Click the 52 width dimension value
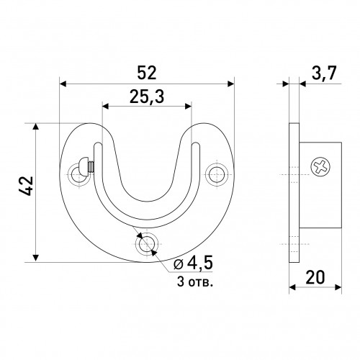point(147,73)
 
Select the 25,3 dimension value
point(147,97)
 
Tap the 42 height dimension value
point(26,186)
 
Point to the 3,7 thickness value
point(324,73)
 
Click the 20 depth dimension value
point(315,277)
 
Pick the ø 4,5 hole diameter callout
point(193,264)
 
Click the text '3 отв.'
point(195,282)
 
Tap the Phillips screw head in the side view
point(320,166)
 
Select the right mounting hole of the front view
point(217,174)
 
